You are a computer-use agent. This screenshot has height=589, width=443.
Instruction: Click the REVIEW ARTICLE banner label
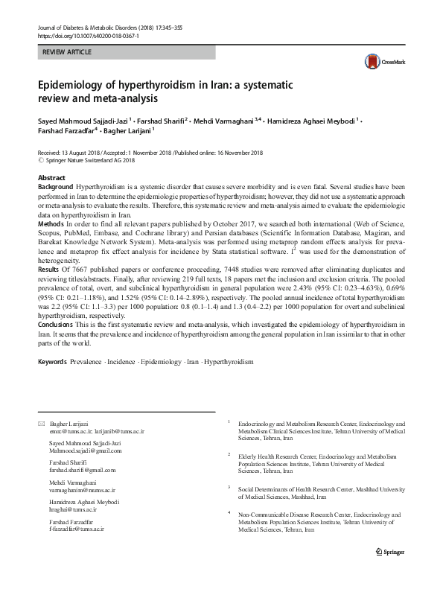tap(68, 53)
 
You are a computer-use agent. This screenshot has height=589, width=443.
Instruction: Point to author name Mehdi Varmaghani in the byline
tap(226, 120)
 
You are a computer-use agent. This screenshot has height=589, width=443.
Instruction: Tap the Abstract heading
tap(52, 178)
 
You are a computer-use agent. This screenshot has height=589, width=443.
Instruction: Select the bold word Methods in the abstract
tap(51, 223)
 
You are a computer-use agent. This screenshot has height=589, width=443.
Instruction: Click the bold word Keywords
tap(52, 361)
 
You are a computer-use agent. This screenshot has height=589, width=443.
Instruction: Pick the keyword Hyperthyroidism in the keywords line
tap(229, 361)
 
